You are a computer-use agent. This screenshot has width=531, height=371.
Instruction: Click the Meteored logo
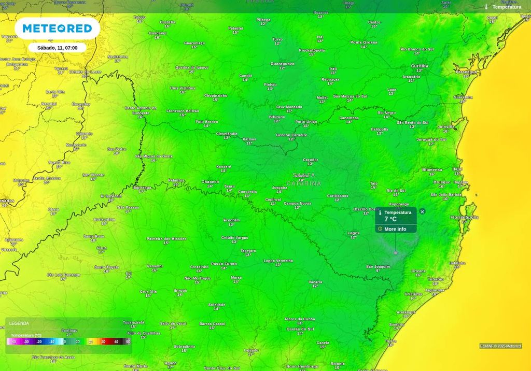tap(57, 28)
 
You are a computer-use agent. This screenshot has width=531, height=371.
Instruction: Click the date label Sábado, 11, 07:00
tap(57, 48)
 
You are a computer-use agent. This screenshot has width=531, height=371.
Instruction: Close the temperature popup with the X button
tap(422, 211)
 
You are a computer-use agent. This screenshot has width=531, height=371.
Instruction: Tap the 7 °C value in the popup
tap(390, 219)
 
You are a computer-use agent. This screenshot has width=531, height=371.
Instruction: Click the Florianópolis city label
tap(464, 217)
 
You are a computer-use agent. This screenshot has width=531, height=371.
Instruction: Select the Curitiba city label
tap(420, 66)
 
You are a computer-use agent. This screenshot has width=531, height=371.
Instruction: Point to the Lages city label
tap(353, 233)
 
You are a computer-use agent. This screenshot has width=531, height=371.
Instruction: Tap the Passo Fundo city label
tap(224, 264)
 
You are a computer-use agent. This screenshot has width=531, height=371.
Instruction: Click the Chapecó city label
tap(211, 182)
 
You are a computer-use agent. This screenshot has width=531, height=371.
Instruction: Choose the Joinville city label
tap(445, 126)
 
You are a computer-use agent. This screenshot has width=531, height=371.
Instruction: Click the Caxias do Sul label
tap(300, 329)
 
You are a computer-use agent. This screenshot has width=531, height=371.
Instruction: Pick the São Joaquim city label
tap(378, 266)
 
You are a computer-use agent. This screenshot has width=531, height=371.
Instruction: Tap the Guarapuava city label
tap(282, 64)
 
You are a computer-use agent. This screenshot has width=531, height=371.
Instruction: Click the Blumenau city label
tap(432, 169)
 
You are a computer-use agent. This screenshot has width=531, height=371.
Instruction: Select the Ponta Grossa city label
tap(364, 42)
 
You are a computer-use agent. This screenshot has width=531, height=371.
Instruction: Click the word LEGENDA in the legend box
tap(19, 323)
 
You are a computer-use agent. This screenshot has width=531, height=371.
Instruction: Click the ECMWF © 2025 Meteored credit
tap(500, 346)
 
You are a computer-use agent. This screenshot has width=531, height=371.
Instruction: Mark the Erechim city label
tap(231, 220)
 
